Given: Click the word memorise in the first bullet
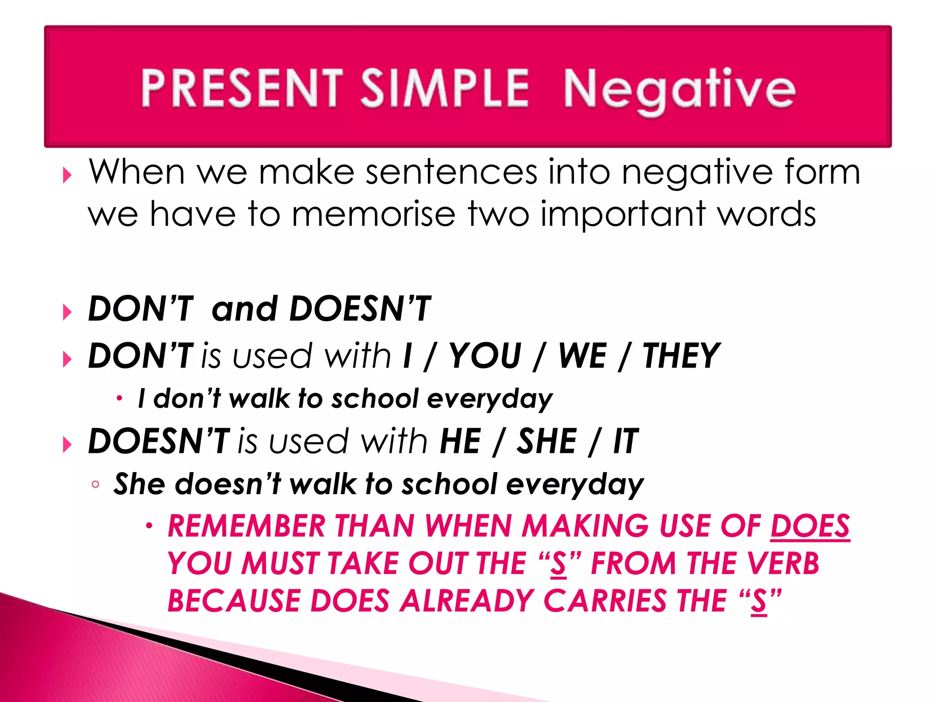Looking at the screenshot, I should (x=373, y=214).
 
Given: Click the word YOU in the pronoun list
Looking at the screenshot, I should (x=485, y=356).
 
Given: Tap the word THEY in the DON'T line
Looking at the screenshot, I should (x=681, y=356).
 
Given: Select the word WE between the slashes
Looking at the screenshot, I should (x=583, y=356).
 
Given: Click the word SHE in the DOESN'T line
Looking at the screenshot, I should (x=547, y=441).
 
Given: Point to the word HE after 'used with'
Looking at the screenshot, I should (x=460, y=441).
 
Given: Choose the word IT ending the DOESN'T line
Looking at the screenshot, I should (x=625, y=441).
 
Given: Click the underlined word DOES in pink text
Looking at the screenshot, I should (x=810, y=526).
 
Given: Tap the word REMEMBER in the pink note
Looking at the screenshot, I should (x=247, y=526).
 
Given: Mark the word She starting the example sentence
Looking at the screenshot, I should (x=139, y=484).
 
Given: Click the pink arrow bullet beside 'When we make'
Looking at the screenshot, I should (x=67, y=175).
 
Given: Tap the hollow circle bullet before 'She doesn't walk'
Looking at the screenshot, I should (x=95, y=484).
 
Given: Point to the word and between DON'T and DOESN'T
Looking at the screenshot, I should (x=245, y=309).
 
